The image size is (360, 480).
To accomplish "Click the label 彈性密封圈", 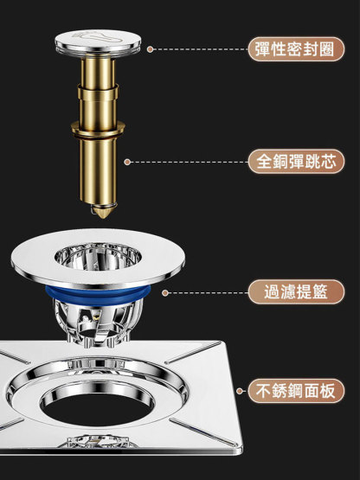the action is [296, 49].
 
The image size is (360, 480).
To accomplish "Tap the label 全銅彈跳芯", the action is [296, 162].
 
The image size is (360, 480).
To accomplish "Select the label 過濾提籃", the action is [296, 291].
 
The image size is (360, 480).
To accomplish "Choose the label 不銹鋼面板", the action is [296, 391].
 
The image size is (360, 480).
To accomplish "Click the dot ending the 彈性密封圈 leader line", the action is [150, 49].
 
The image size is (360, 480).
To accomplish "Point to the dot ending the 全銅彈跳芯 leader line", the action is [127, 162].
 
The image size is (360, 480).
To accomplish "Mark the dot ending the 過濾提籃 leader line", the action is [165, 293].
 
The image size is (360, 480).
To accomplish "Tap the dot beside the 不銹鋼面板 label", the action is [240, 391].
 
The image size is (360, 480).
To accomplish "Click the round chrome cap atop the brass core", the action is [98, 42].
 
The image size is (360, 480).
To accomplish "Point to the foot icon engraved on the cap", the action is [98, 37].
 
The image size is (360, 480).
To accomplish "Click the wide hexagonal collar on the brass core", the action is [98, 130].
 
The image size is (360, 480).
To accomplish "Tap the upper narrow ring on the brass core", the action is [98, 93].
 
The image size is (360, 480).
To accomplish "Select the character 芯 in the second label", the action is [328, 162].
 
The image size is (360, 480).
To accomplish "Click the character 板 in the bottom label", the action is [329, 391].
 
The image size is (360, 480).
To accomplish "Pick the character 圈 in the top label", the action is [327, 49].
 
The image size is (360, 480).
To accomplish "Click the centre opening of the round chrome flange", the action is [98, 257].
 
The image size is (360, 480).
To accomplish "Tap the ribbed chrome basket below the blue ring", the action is [98, 323].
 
